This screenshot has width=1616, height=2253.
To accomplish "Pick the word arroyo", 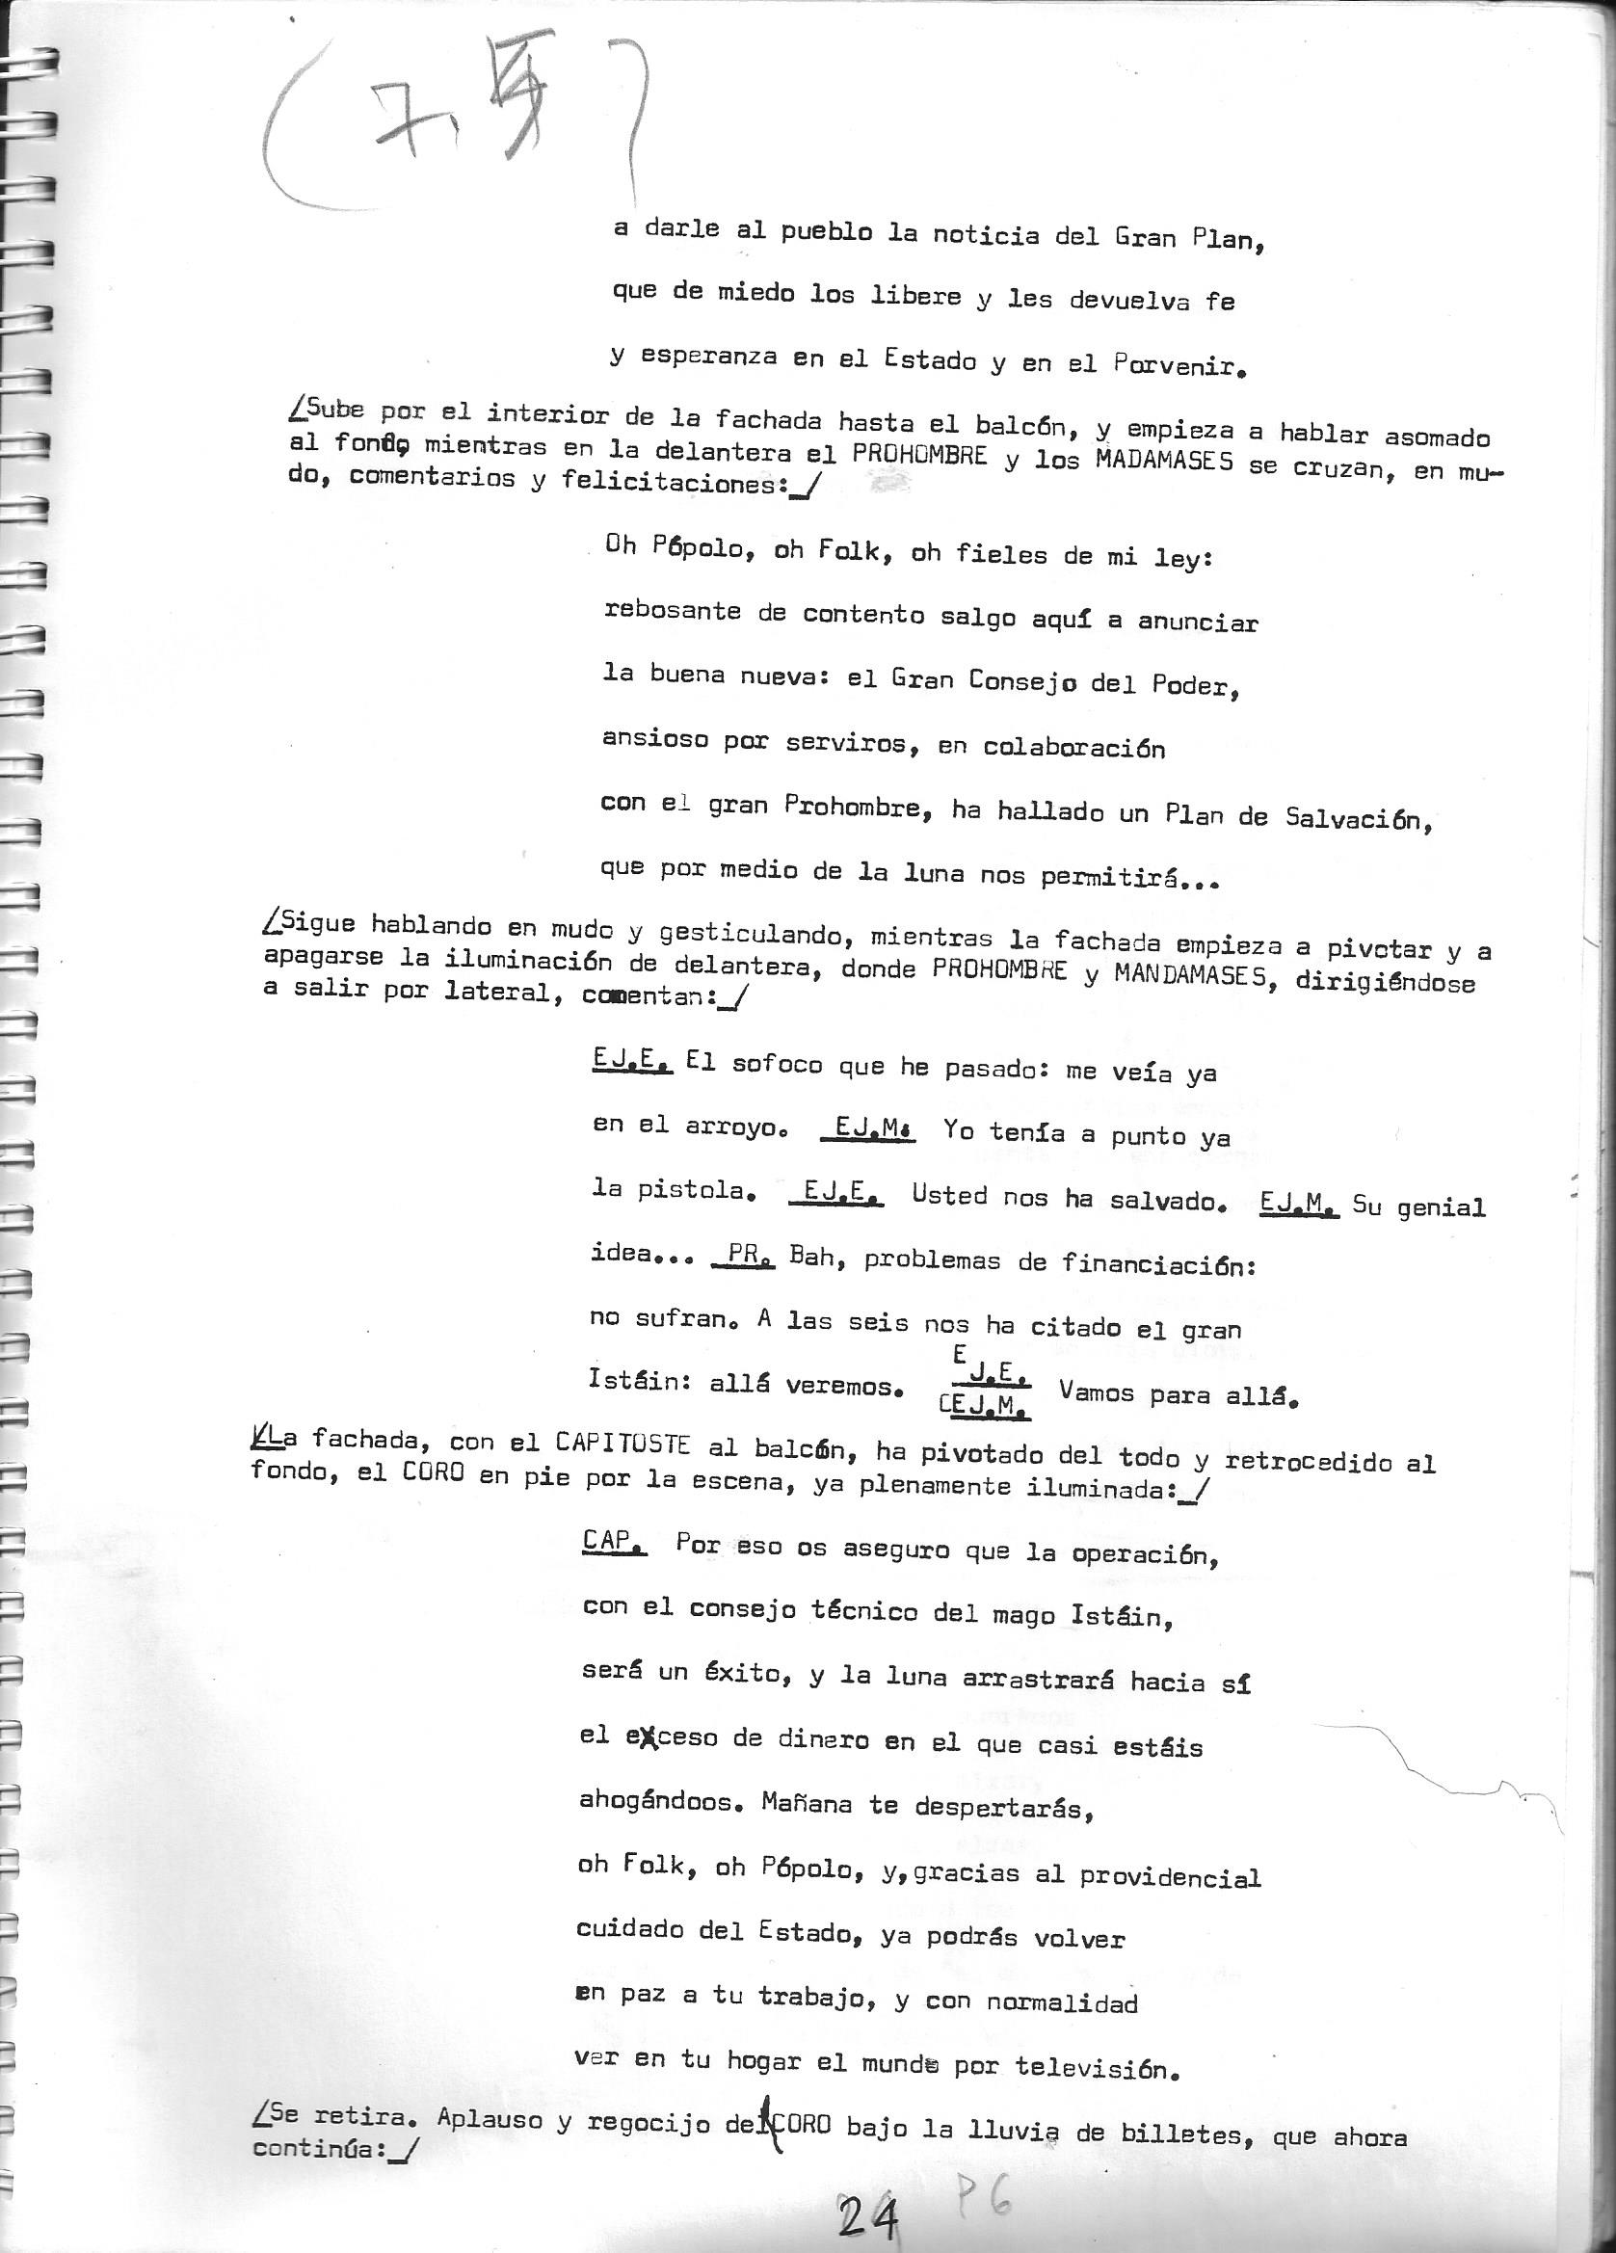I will point(731,1127).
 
